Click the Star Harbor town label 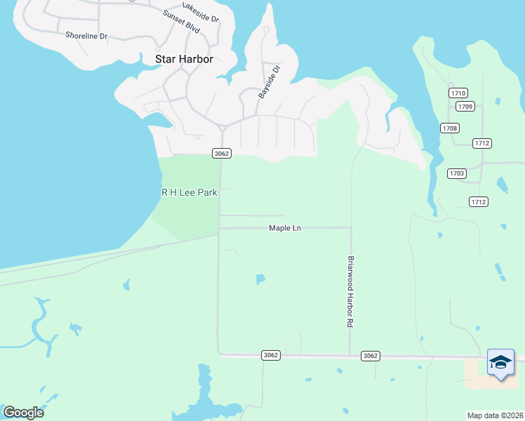coord(184,59)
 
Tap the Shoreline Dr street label coord(86,35)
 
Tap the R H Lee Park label coord(190,192)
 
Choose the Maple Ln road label coord(285,228)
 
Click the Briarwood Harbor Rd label coord(349,291)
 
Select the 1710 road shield coord(458,93)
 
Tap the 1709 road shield coord(465,107)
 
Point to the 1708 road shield coord(450,128)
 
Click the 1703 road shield coord(457,173)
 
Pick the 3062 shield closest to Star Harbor coord(222,153)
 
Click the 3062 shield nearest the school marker coord(371,356)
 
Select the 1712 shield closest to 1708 coord(481,143)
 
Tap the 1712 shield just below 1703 coord(479,202)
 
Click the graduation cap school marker coord(500,363)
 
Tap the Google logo coord(23,413)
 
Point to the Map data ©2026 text coord(496,415)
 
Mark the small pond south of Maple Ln coord(260,279)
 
